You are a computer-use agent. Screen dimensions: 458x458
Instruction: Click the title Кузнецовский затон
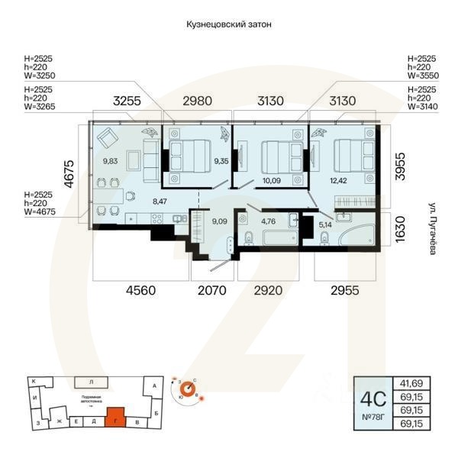coord(229,24)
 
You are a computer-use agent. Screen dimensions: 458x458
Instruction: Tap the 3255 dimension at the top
coord(127,100)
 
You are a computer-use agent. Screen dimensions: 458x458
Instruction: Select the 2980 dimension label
coord(198,100)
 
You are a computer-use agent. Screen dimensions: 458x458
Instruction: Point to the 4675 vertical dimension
coord(68,173)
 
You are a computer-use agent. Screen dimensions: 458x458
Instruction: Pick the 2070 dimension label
coord(212,290)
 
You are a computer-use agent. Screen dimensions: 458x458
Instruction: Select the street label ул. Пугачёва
coord(432,228)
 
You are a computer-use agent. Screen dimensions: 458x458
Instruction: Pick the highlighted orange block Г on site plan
coord(114,419)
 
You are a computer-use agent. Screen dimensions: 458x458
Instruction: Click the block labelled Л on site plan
coord(91,380)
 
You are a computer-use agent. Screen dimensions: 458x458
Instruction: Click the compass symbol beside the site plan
coord(185,389)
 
